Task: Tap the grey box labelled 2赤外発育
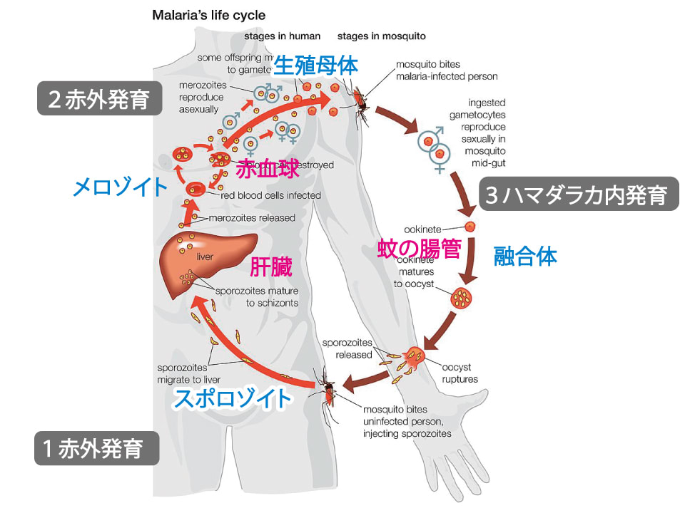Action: pos(99,100)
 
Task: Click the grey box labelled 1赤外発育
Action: pos(97,449)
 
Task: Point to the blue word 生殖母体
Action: pos(315,67)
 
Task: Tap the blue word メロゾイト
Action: pos(121,187)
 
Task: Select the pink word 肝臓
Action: pos(272,268)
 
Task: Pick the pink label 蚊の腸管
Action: pos(419,249)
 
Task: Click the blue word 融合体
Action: pos(525,257)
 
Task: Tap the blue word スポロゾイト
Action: pos(233,398)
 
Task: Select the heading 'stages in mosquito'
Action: pos(381,36)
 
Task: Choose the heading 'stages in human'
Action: pos(282,36)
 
